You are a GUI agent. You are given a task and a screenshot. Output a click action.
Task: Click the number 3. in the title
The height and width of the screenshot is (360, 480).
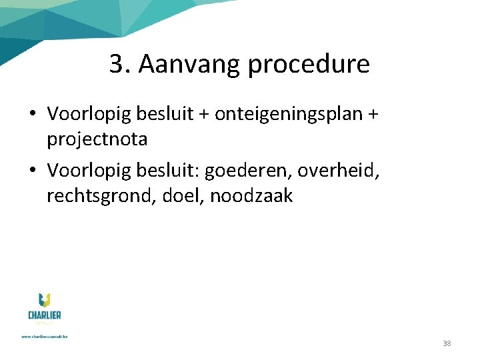(120, 65)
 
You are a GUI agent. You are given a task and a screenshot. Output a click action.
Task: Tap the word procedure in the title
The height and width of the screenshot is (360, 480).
(308, 65)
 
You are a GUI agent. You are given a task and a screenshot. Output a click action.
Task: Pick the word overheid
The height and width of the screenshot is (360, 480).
(338, 171)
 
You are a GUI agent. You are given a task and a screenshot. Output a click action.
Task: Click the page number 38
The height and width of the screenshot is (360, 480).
(447, 343)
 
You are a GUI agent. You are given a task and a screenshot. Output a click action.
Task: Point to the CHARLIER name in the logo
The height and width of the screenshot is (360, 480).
(45, 315)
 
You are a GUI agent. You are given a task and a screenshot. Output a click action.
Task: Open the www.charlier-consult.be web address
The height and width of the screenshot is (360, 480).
(45, 337)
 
